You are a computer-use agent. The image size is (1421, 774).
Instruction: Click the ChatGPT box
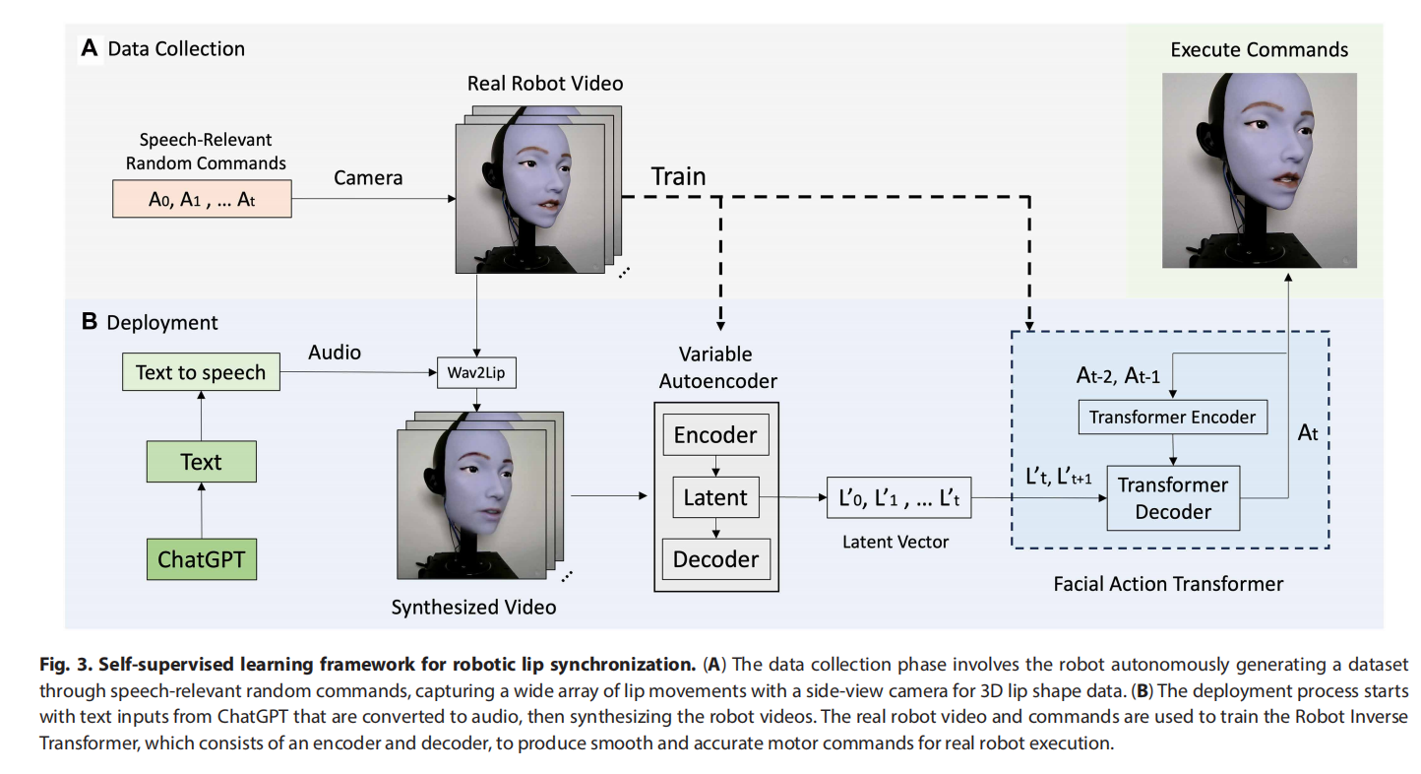(x=201, y=560)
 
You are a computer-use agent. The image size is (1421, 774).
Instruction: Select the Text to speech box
(x=201, y=372)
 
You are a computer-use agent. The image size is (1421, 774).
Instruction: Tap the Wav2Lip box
(x=476, y=374)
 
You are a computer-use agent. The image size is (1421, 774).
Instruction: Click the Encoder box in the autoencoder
(x=715, y=435)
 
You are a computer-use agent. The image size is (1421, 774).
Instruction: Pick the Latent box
(x=715, y=497)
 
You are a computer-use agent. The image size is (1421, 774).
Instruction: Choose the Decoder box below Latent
(x=715, y=559)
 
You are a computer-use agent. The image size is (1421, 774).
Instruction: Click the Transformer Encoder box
(x=1172, y=417)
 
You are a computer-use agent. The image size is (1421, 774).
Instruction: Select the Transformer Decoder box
(x=1172, y=497)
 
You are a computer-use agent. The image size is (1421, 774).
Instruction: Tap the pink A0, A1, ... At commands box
(x=201, y=200)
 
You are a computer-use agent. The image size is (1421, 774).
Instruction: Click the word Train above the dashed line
(x=678, y=177)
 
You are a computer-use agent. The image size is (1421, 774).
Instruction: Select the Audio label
(x=335, y=352)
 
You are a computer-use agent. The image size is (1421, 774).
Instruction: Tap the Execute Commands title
(x=1259, y=49)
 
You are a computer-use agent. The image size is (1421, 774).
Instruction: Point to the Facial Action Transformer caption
(x=1168, y=584)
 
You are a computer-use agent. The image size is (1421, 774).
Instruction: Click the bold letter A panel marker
(x=90, y=48)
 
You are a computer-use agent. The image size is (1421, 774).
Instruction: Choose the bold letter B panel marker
(x=89, y=322)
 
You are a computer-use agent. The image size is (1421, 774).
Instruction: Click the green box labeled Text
(x=201, y=462)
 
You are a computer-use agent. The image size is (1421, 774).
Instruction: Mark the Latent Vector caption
(x=896, y=541)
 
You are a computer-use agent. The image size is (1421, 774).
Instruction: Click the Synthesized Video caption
(x=473, y=607)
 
